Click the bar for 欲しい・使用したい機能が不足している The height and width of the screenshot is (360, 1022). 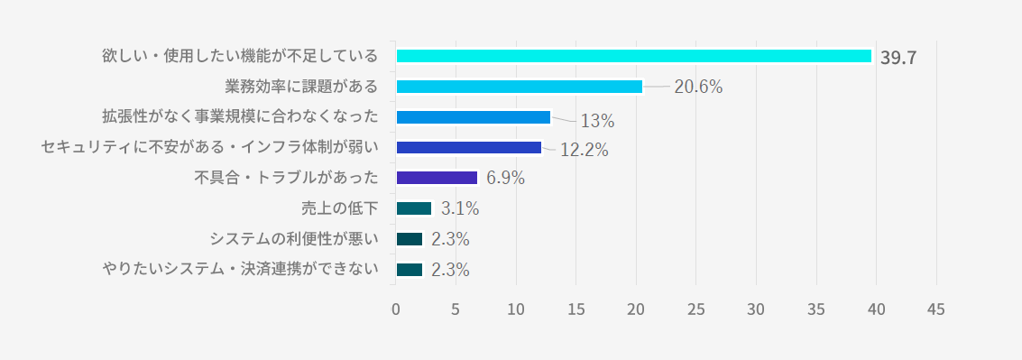[x=633, y=56]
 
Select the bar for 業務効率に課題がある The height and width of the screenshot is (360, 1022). [x=520, y=87]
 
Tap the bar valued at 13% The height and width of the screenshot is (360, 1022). [x=474, y=117]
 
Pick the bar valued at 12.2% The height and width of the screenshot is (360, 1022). [x=469, y=147]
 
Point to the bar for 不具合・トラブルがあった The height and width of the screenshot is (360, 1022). [x=437, y=178]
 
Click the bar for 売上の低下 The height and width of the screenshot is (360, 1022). [x=414, y=208]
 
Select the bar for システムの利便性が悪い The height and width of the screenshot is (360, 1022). [x=410, y=239]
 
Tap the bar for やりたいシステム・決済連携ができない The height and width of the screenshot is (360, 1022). [x=410, y=270]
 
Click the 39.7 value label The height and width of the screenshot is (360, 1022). [x=898, y=58]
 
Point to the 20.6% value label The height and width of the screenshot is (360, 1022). [x=698, y=87]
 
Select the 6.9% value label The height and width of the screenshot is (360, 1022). [x=505, y=178]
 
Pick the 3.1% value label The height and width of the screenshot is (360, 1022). [x=460, y=208]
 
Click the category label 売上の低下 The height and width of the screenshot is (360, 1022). [x=339, y=208]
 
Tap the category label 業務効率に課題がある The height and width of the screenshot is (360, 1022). [x=301, y=86]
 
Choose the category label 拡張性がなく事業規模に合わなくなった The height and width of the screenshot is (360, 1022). [x=240, y=116]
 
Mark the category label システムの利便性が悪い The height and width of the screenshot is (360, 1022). [x=294, y=239]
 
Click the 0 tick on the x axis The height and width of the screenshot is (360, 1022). [x=396, y=309]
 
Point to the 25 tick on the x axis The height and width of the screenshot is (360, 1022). [x=696, y=309]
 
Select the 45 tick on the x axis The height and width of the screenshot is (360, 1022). [x=936, y=309]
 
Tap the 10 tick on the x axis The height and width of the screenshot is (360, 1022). [x=516, y=309]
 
